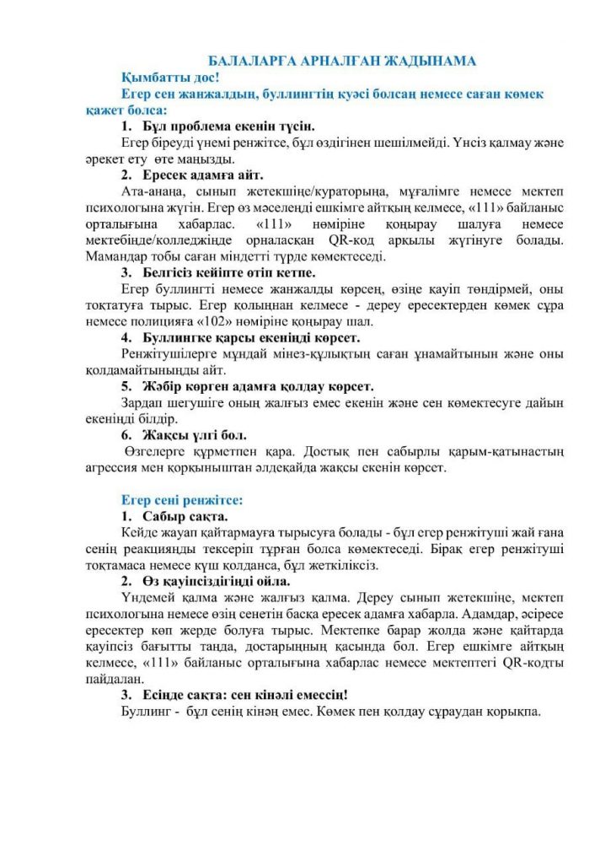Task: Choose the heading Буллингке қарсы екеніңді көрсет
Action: pos(239,337)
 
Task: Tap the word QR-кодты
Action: pos(514,662)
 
